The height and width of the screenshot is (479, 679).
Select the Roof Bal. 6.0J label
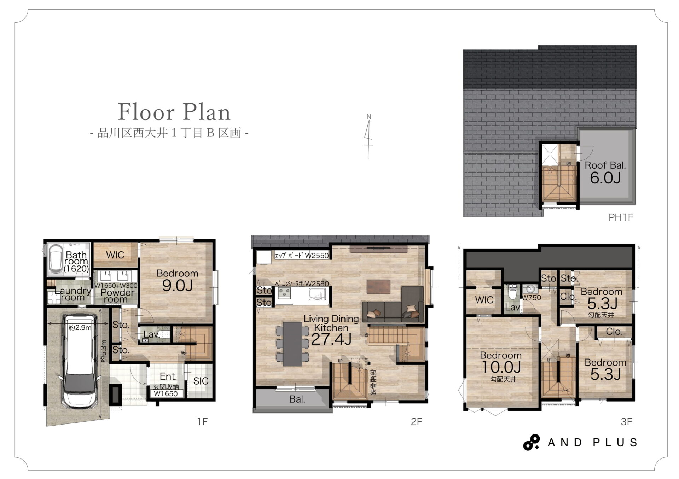pyautogui.click(x=605, y=172)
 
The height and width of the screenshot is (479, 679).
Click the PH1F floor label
pyautogui.click(x=621, y=217)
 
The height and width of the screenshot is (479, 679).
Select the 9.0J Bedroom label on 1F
pyautogui.click(x=177, y=281)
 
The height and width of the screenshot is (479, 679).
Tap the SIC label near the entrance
pyautogui.click(x=201, y=381)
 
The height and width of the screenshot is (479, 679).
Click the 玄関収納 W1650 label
pyautogui.click(x=166, y=390)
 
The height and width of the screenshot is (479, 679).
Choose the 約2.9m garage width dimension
pyautogui.click(x=80, y=327)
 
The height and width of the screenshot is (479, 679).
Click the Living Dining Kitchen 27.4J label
pyautogui.click(x=331, y=329)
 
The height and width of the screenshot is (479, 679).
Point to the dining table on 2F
pyautogui.click(x=292, y=344)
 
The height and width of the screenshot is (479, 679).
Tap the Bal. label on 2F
pyautogui.click(x=297, y=399)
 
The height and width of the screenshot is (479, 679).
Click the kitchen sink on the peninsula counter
pyautogui.click(x=317, y=294)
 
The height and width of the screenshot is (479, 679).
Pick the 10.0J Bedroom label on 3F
pyautogui.click(x=501, y=366)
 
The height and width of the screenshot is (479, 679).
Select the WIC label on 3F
pyautogui.click(x=484, y=300)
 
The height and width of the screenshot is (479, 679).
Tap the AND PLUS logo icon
pyautogui.click(x=531, y=442)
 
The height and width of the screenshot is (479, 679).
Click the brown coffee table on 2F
pyautogui.click(x=378, y=287)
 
